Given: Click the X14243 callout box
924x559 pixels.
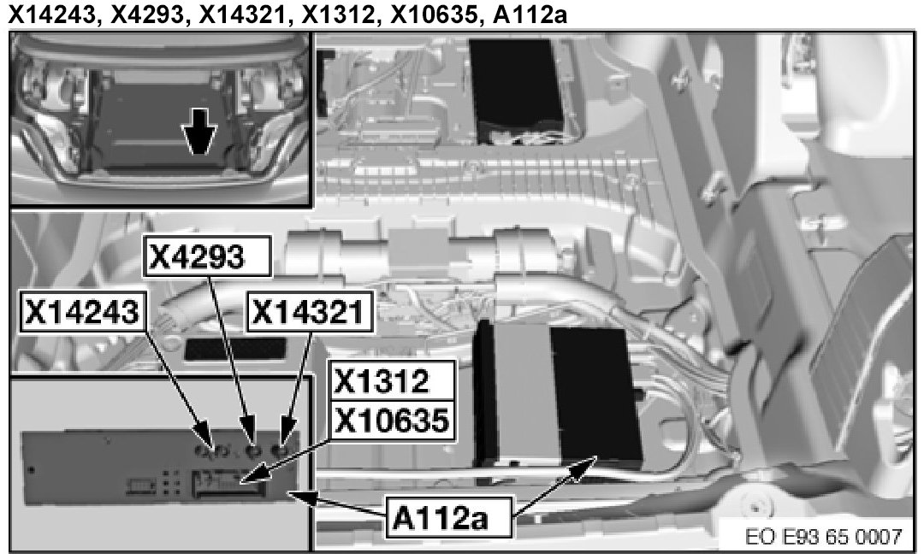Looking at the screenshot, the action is coord(82,313).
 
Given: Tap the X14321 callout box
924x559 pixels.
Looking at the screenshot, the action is coord(309,313).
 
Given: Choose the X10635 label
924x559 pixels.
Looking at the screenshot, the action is coord(392,420).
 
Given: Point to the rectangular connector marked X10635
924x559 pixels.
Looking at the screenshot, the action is coord(227,485).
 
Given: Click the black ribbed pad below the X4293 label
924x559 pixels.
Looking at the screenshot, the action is coord(234,348).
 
